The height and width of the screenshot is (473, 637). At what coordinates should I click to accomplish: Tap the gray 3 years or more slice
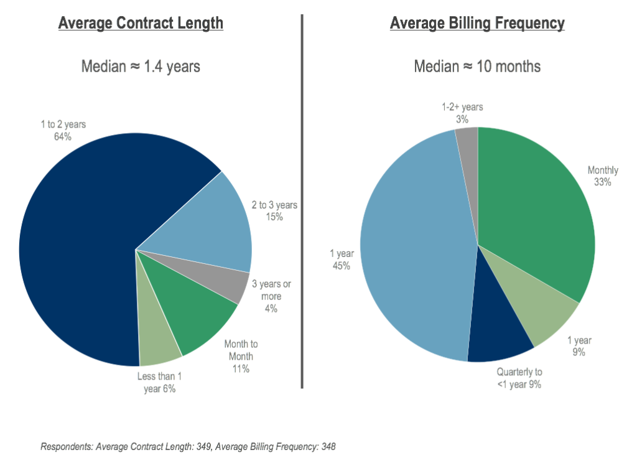click(233, 283)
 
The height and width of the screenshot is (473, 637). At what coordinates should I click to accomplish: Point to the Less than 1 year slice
click(159, 345)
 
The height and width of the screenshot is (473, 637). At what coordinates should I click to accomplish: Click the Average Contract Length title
click(141, 24)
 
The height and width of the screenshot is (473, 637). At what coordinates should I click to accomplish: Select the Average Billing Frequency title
click(477, 24)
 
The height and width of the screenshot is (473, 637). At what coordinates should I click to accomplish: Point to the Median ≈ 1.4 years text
click(141, 66)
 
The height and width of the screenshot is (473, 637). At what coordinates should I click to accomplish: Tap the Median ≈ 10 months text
click(477, 66)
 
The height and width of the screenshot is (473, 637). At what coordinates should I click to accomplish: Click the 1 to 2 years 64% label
click(63, 131)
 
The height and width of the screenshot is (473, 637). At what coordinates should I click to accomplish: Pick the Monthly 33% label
click(603, 176)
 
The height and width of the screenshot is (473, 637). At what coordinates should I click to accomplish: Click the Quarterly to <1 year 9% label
click(519, 378)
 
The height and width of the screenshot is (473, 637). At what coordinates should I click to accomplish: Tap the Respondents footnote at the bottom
click(188, 447)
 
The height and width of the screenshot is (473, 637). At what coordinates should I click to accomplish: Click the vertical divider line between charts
click(302, 199)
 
